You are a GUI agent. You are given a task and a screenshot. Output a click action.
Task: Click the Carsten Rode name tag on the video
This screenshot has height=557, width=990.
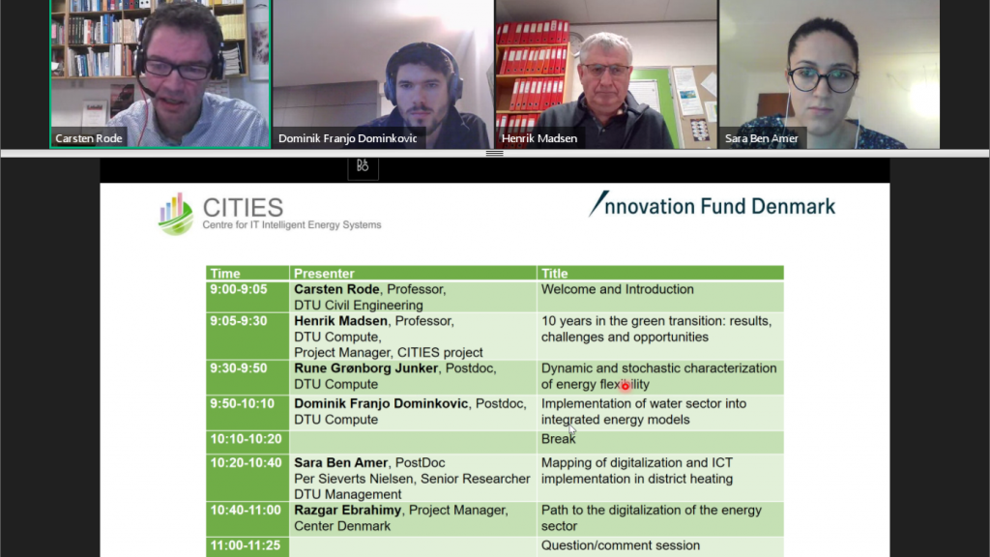(x=88, y=138)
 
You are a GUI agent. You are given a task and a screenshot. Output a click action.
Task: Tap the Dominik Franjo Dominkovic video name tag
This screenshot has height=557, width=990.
(x=348, y=138)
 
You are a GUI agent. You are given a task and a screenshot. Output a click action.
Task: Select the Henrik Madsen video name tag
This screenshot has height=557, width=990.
(x=539, y=138)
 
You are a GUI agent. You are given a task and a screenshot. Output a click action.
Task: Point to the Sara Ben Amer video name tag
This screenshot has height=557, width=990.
(x=762, y=138)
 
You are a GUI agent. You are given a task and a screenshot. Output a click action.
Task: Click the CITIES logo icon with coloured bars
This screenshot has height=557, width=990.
(x=176, y=214)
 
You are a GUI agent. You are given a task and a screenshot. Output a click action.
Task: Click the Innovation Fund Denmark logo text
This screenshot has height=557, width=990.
(x=713, y=205)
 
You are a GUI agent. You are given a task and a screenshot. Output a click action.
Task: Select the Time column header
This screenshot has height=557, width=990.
(x=225, y=274)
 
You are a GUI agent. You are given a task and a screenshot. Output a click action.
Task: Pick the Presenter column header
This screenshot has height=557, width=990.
(x=324, y=274)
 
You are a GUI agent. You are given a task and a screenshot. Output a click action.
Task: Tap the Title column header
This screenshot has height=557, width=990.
(x=554, y=274)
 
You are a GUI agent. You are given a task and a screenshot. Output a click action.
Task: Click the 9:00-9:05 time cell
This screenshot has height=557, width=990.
(x=239, y=289)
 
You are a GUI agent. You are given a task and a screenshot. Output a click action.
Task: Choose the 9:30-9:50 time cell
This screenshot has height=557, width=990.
(x=239, y=368)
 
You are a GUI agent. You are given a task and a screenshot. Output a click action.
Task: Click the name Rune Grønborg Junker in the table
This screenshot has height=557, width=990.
(x=365, y=368)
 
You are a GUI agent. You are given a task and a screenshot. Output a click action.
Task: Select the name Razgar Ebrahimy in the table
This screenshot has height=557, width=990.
(x=347, y=511)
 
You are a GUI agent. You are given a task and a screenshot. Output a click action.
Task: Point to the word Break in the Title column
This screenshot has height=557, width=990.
(x=558, y=439)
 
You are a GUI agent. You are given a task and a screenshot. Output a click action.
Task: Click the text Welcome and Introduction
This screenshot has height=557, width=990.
(x=618, y=289)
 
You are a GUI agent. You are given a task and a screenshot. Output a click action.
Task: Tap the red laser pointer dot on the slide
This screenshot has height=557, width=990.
(x=626, y=386)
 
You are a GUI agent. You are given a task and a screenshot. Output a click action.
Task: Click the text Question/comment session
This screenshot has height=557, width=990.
(x=621, y=545)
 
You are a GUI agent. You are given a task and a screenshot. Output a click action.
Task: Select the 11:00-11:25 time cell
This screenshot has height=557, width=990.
(x=246, y=545)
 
